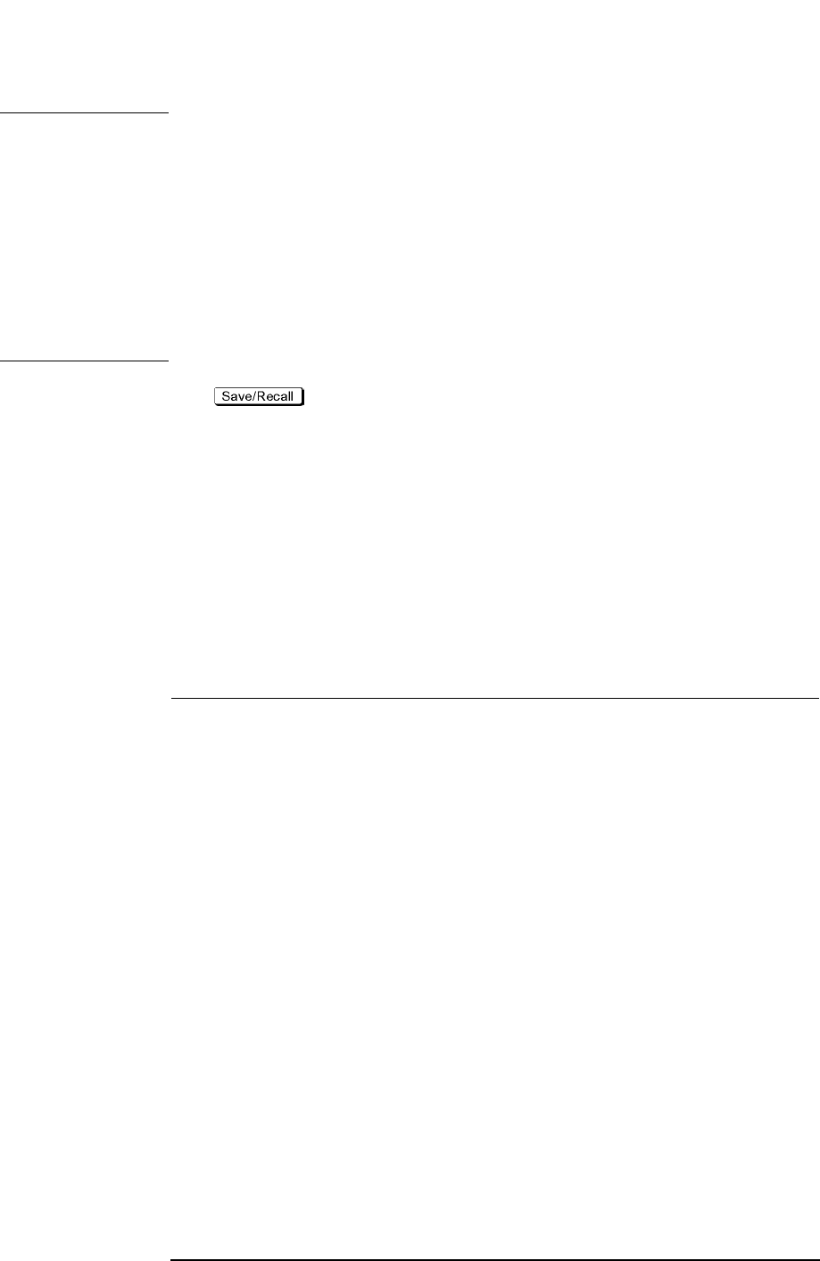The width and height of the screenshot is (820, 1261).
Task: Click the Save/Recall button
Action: [258, 396]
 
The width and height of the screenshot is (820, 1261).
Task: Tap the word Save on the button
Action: [236, 396]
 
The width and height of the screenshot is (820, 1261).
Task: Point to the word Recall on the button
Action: [274, 396]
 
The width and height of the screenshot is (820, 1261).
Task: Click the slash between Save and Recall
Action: [252, 396]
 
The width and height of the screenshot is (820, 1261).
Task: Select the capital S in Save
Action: [226, 396]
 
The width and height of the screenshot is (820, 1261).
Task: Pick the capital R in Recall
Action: [259, 396]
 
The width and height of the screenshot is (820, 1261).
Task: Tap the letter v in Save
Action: [239, 397]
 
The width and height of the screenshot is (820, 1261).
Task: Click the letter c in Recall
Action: [275, 397]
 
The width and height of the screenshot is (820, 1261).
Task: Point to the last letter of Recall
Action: [291, 396]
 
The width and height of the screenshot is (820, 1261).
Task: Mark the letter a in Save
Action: [233, 397]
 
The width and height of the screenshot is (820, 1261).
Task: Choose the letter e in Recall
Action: [268, 397]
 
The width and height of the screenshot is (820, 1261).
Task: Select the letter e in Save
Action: [245, 397]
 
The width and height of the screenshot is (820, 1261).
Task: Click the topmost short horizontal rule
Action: [84, 113]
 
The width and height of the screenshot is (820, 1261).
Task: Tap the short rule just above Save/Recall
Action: [84, 361]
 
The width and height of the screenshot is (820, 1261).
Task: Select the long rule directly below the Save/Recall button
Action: [493, 698]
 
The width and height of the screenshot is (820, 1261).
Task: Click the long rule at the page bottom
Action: [493, 1260]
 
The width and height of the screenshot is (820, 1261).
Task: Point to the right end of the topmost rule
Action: [166, 113]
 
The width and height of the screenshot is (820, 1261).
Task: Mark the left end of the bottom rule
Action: [171, 1260]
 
